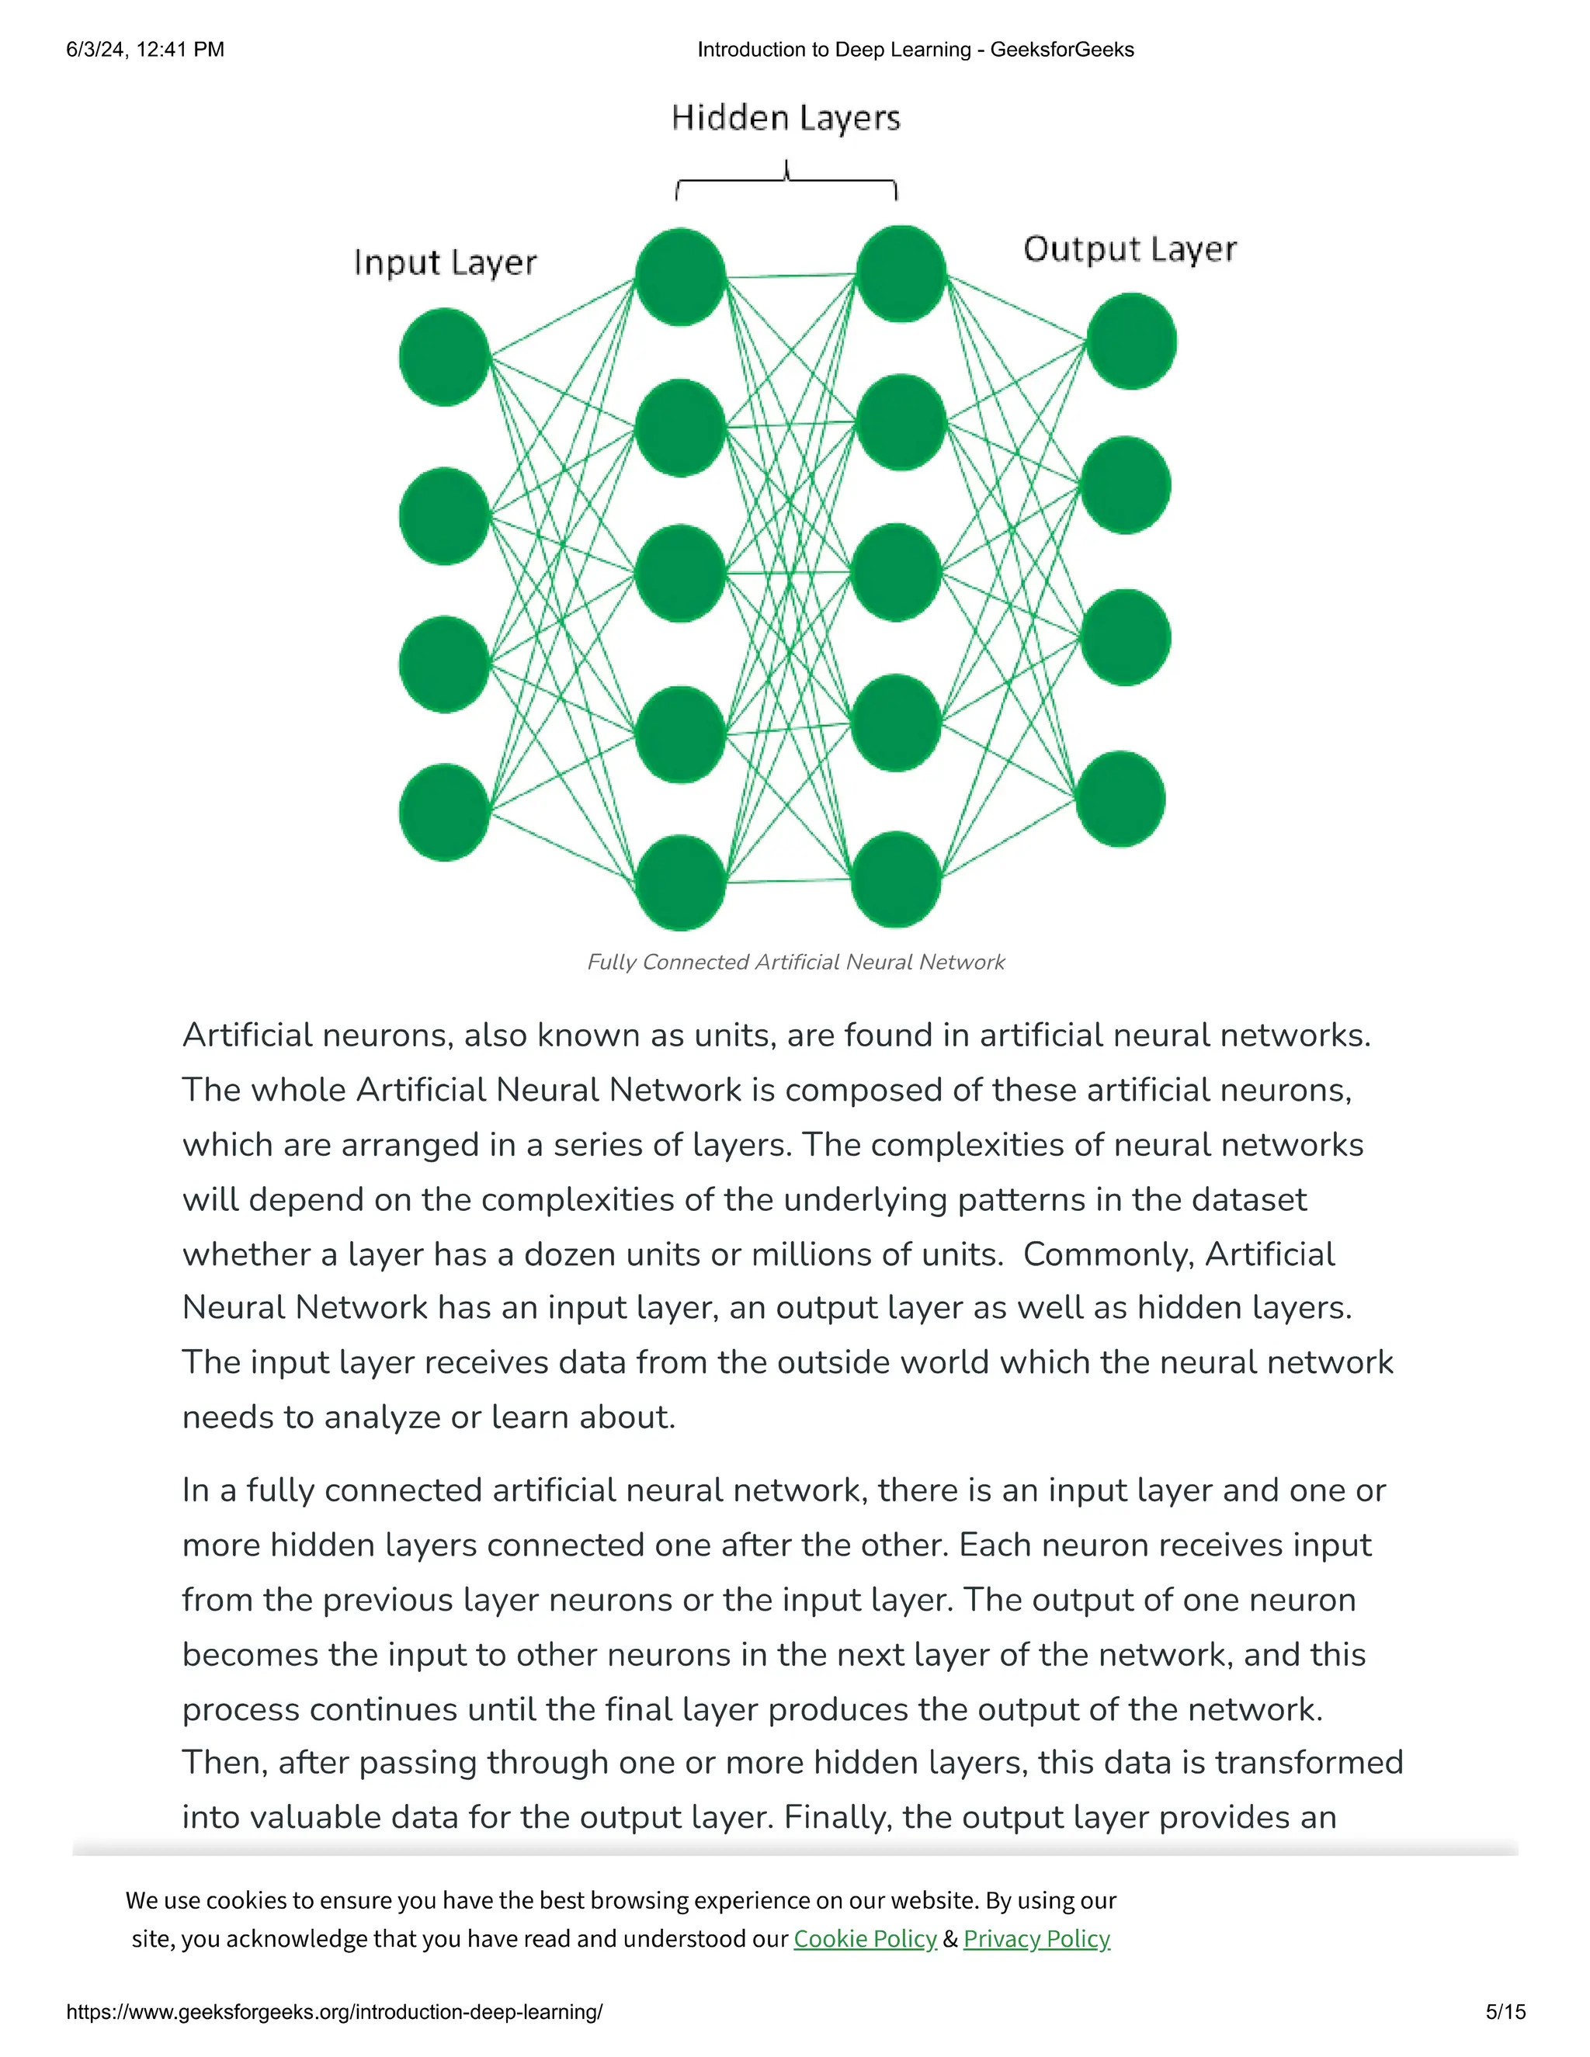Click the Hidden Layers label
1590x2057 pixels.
coord(786,119)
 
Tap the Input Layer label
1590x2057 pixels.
coord(446,263)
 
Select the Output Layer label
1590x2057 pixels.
coord(1130,250)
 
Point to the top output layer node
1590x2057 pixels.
coord(1131,341)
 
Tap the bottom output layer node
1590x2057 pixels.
coord(1121,799)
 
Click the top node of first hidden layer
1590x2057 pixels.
coord(680,277)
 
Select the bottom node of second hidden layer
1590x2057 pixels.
coord(896,879)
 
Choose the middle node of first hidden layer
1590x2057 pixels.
coord(680,574)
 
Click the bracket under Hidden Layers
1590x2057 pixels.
coord(786,181)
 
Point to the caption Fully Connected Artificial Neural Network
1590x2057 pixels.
coord(796,963)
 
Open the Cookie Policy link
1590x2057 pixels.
coord(865,1939)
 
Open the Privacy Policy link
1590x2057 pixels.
coord(1036,1939)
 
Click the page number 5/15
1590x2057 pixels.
coord(1505,2013)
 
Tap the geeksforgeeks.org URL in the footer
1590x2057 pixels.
coord(335,2013)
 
